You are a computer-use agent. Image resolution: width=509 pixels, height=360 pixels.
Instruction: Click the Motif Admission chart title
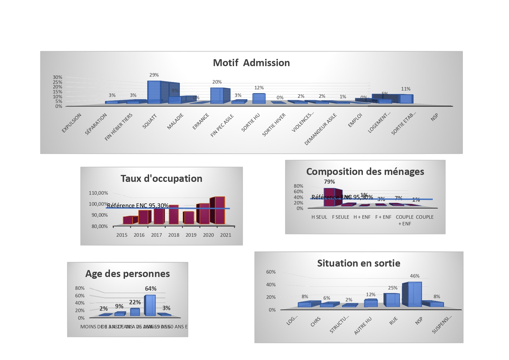pyautogui.click(x=251, y=63)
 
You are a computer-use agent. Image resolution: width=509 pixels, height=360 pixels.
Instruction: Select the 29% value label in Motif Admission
pyautogui.click(x=154, y=75)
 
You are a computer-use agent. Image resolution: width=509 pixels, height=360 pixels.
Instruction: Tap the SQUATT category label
pyautogui.click(x=150, y=121)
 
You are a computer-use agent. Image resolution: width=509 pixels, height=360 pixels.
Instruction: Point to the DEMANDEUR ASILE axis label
pyautogui.click(x=320, y=129)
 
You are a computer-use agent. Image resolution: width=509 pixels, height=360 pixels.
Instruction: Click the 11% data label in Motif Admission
pyautogui.click(x=406, y=89)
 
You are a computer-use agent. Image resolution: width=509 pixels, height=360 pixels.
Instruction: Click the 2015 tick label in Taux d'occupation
pyautogui.click(x=122, y=235)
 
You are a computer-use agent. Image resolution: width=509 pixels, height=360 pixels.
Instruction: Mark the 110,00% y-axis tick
pyautogui.click(x=98, y=193)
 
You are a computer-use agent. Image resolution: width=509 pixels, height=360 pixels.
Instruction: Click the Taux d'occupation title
pyautogui.click(x=161, y=178)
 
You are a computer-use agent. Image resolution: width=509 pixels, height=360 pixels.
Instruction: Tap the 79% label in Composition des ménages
pyautogui.click(x=329, y=182)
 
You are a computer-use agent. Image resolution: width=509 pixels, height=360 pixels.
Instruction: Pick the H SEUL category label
pyautogui.click(x=319, y=217)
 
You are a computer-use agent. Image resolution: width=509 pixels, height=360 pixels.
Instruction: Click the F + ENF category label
pyautogui.click(x=383, y=217)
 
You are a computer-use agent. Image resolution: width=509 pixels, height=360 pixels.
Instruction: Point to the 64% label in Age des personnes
pyautogui.click(x=151, y=289)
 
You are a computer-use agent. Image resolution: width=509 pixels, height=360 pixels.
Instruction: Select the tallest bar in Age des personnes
pyautogui.click(x=150, y=305)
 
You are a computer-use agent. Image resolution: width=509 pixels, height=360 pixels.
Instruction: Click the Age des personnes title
pyautogui.click(x=128, y=274)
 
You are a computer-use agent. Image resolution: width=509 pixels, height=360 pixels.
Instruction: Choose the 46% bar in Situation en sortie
pyautogui.click(x=415, y=294)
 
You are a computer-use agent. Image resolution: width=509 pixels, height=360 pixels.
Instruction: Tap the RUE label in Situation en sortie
pyautogui.click(x=393, y=321)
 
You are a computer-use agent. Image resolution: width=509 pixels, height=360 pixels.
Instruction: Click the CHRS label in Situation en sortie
pyautogui.click(x=316, y=321)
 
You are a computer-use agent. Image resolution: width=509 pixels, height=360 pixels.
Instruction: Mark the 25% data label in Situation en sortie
pyautogui.click(x=393, y=288)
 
